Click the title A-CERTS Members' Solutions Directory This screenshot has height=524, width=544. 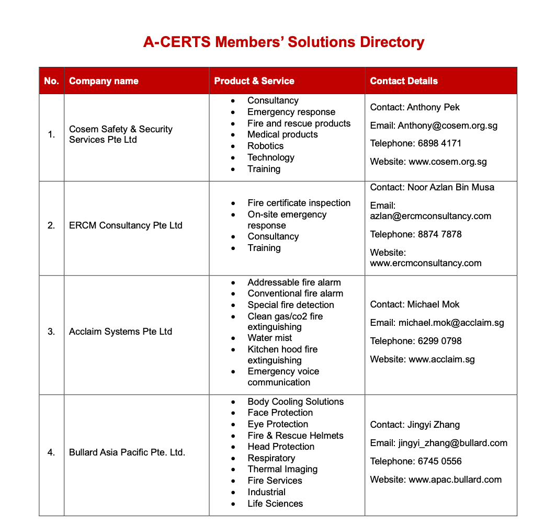pyautogui.click(x=284, y=42)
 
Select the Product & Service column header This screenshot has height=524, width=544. pyautogui.click(x=254, y=81)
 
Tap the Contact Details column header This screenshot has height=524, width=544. pyautogui.click(x=404, y=81)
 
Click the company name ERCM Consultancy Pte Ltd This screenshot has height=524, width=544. pyautogui.click(x=126, y=225)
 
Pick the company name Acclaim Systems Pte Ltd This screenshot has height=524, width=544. pyautogui.click(x=120, y=332)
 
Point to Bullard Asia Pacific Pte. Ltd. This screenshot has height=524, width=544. pyautogui.click(x=127, y=452)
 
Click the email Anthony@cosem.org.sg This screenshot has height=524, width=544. pyautogui.click(x=447, y=126)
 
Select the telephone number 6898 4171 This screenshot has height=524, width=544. pyautogui.click(x=439, y=143)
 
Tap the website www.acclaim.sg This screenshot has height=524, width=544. pyautogui.click(x=441, y=359)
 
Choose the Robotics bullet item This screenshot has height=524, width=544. pyautogui.click(x=265, y=146)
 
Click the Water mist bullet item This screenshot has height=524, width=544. pyautogui.click(x=269, y=338)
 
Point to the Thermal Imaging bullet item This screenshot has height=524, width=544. pyautogui.click(x=282, y=469)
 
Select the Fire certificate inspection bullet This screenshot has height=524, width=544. pyautogui.click(x=299, y=203)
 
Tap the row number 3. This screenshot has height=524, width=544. pyautogui.click(x=51, y=332)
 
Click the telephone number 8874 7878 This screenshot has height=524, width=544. pyautogui.click(x=439, y=234)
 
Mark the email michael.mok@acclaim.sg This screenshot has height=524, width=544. pyautogui.click(x=451, y=323)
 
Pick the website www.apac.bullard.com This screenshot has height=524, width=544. pyautogui.click(x=455, y=480)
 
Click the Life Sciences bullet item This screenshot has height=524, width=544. pyautogui.click(x=275, y=504)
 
